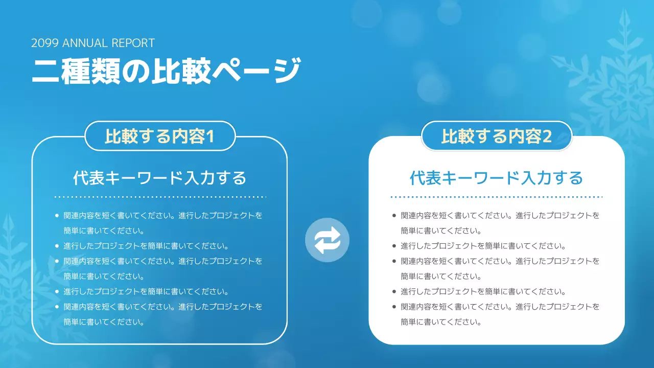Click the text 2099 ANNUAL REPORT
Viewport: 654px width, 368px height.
(92, 43)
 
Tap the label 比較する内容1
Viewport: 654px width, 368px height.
(159, 136)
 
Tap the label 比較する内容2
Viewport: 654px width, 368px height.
(497, 136)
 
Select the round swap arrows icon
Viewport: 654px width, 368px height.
(327, 240)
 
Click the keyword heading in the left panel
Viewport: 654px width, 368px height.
(159, 178)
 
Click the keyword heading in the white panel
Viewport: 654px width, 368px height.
(497, 178)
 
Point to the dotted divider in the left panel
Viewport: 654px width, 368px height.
(160, 196)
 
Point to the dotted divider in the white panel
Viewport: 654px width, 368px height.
(497, 196)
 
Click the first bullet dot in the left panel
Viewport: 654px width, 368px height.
(57, 216)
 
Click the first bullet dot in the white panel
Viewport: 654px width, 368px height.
(393, 216)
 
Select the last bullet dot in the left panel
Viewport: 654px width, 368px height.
(57, 307)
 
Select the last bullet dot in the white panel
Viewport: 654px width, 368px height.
(393, 307)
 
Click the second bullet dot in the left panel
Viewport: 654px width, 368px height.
(57, 246)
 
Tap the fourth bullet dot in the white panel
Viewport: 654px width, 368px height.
(393, 292)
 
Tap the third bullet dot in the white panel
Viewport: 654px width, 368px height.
(393, 261)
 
